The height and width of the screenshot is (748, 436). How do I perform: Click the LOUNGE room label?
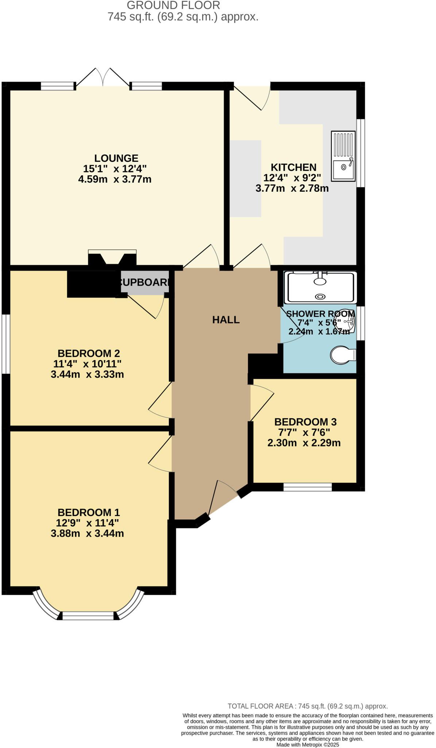(x=116, y=158)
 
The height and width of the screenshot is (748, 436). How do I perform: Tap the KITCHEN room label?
(x=293, y=167)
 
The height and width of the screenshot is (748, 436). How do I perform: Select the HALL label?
(x=226, y=320)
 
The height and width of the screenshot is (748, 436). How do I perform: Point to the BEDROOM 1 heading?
(x=89, y=512)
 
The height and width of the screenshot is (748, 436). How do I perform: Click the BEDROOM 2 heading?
(x=89, y=353)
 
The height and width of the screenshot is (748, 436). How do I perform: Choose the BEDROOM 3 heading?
(x=305, y=422)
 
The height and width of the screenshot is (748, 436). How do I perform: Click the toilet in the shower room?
(x=343, y=355)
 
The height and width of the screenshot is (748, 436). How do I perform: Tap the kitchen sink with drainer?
(x=343, y=156)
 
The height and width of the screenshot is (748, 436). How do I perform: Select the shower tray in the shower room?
(x=320, y=287)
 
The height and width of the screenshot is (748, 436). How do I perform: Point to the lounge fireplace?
(x=112, y=257)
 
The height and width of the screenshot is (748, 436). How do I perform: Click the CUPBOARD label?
(x=145, y=282)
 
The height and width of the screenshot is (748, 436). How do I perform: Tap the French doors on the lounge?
(x=103, y=77)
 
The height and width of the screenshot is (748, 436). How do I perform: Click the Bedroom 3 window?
(x=308, y=486)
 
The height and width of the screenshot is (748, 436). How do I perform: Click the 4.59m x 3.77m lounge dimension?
(x=115, y=179)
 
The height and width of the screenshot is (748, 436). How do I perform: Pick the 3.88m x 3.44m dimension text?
(x=87, y=533)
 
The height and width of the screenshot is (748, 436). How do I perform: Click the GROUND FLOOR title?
(x=173, y=5)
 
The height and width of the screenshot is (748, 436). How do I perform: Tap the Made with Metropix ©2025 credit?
(x=308, y=744)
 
